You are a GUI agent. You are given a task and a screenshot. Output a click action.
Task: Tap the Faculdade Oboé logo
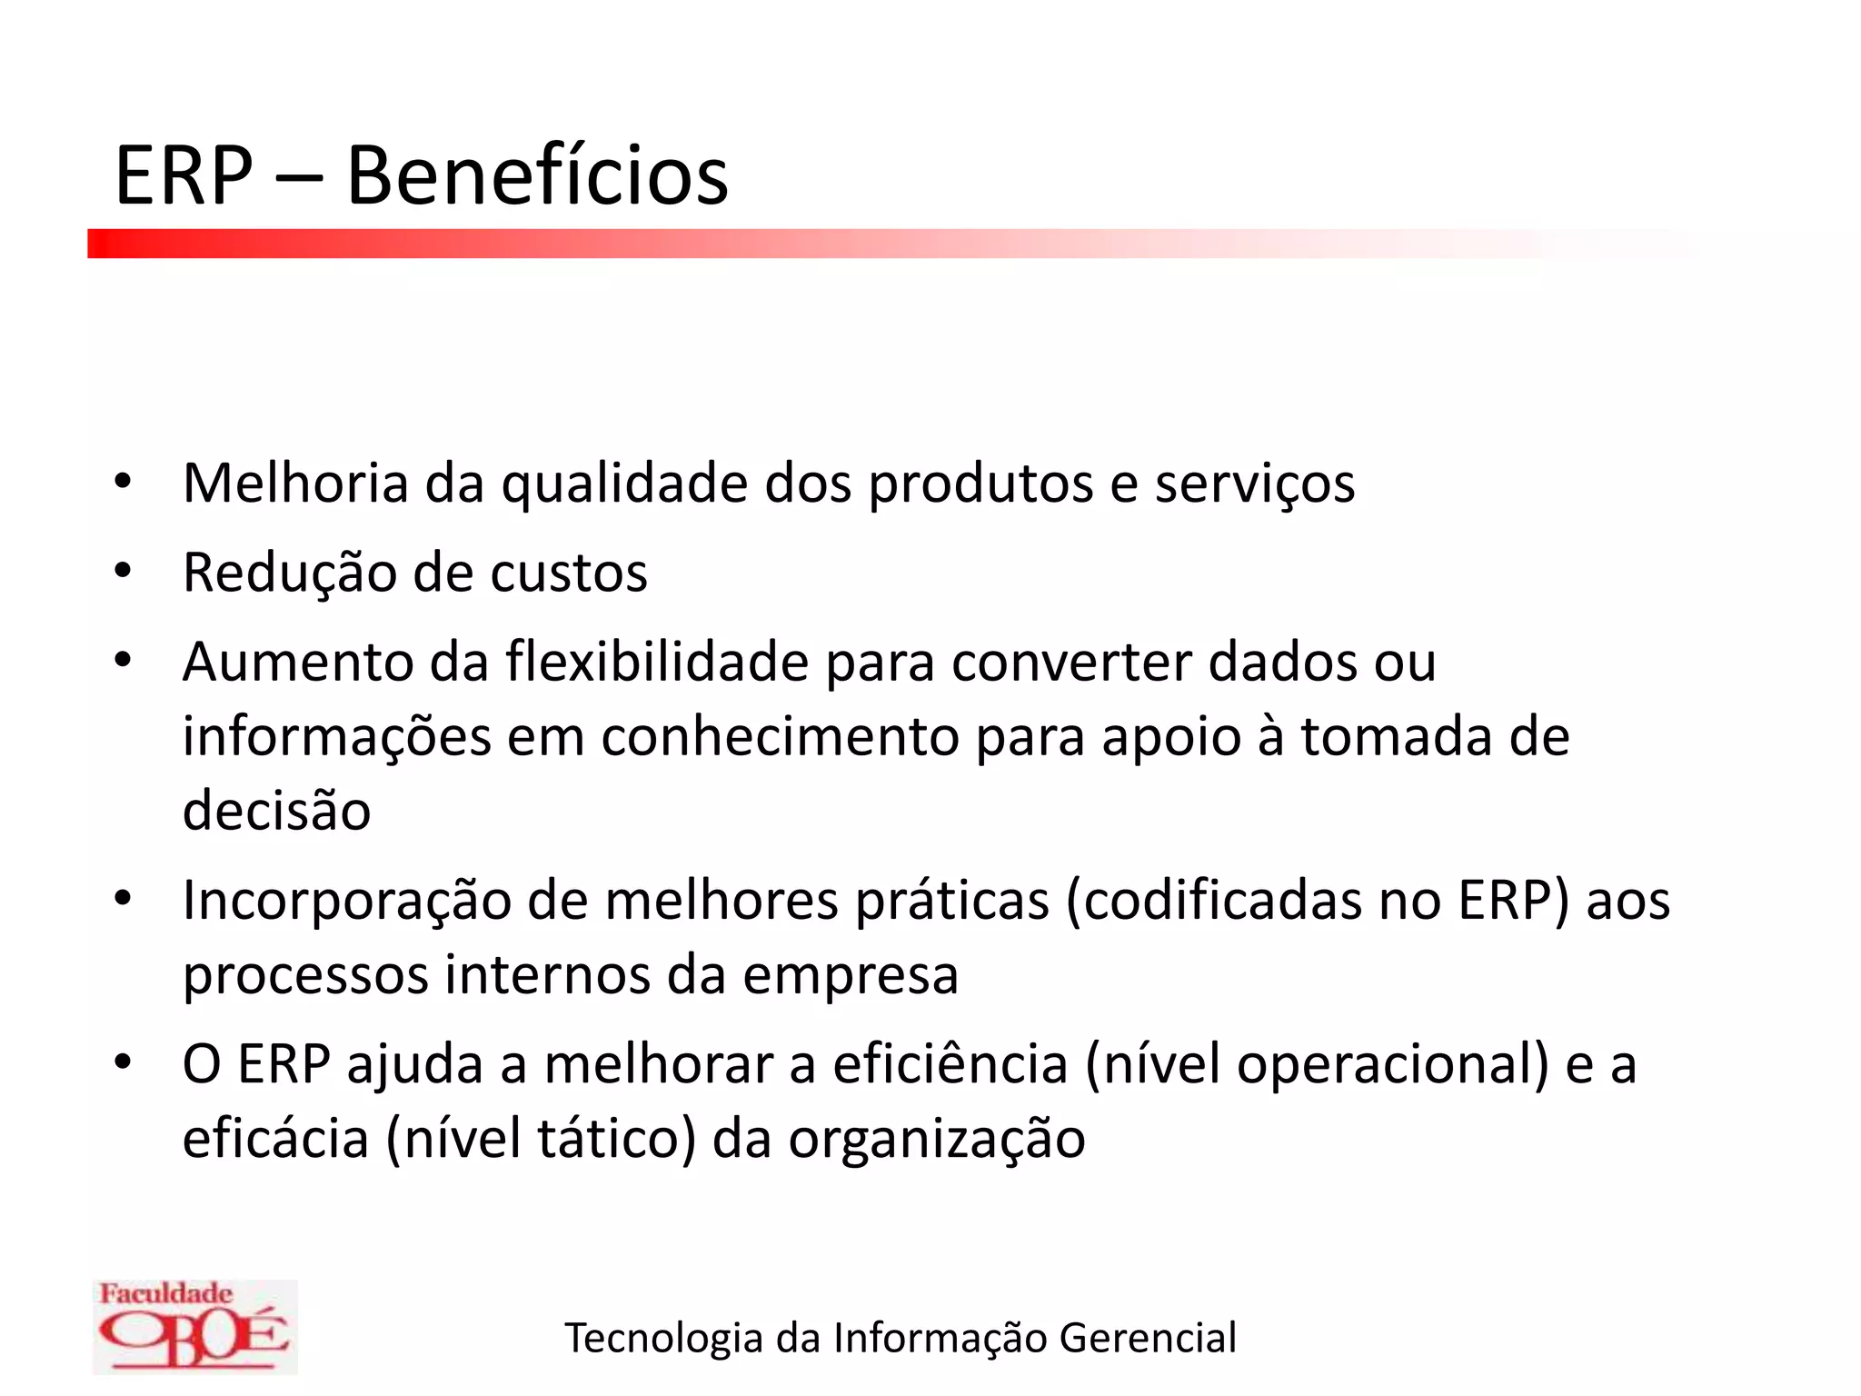click(x=194, y=1326)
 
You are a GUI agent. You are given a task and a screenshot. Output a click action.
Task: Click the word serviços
click(x=1255, y=484)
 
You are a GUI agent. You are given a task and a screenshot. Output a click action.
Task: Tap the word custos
click(x=569, y=573)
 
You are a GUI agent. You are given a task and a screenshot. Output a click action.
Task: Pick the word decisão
click(x=277, y=811)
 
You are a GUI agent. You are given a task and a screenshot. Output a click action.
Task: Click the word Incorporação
click(x=346, y=902)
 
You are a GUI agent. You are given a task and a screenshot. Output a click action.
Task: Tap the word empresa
click(x=851, y=975)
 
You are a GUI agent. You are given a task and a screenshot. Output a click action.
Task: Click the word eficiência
click(x=950, y=1064)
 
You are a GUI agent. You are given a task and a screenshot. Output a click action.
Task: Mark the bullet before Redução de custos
click(x=124, y=572)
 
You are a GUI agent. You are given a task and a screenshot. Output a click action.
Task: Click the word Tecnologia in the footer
click(x=663, y=1339)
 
